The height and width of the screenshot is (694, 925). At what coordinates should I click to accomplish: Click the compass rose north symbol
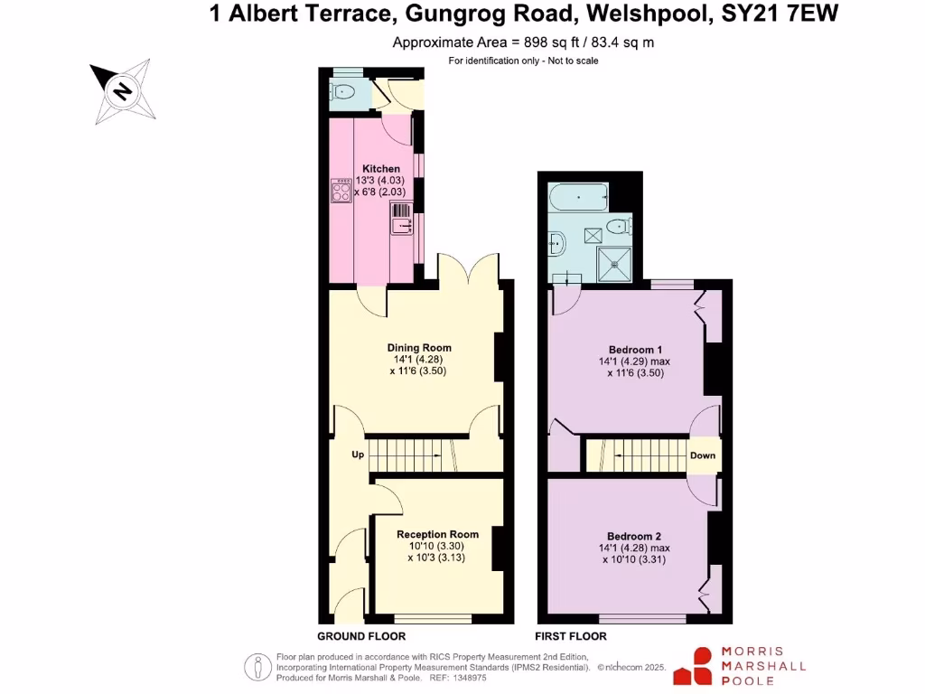[x=121, y=90]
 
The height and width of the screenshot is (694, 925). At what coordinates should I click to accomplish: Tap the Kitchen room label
[x=381, y=169]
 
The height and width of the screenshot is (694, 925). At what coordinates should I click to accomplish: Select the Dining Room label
[x=418, y=348]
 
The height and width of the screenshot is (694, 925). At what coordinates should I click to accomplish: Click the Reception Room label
[x=435, y=534]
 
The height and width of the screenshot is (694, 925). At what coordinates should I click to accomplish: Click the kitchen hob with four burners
[x=342, y=191]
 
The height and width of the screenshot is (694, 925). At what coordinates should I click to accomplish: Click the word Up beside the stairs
[x=358, y=455]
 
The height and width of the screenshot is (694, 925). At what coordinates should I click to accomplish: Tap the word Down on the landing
[x=703, y=455]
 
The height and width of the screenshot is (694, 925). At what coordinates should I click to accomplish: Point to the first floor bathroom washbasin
[x=556, y=242]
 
